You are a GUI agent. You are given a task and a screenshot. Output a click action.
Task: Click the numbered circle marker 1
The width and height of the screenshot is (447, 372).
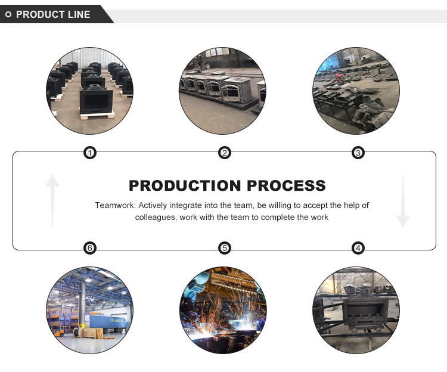(90, 153)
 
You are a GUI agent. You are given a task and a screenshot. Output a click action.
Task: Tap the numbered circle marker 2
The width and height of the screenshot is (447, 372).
(224, 153)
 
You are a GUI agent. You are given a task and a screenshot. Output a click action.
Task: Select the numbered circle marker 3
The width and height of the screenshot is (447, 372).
(358, 153)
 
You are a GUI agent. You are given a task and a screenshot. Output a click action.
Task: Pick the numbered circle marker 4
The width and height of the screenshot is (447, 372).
(358, 248)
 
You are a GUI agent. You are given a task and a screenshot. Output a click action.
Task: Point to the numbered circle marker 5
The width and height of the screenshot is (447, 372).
(224, 248)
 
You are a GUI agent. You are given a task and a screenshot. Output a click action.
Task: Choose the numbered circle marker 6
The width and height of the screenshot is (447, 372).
(90, 248)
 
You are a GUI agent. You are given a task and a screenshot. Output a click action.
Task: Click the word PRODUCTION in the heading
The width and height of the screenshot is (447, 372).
(185, 185)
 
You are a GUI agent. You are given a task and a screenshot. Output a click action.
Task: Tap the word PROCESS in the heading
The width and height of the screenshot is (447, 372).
(286, 185)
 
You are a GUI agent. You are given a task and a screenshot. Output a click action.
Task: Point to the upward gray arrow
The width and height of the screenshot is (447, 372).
(52, 201)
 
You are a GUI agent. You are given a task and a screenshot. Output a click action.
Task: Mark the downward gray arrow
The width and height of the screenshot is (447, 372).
(403, 201)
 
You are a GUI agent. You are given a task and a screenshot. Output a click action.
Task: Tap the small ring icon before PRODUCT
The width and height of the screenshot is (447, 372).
(8, 14)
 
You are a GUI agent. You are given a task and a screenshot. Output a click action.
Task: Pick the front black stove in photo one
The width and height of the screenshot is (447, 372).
(97, 100)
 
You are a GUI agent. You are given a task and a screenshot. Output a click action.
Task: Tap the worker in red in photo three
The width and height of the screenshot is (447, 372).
(339, 77)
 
